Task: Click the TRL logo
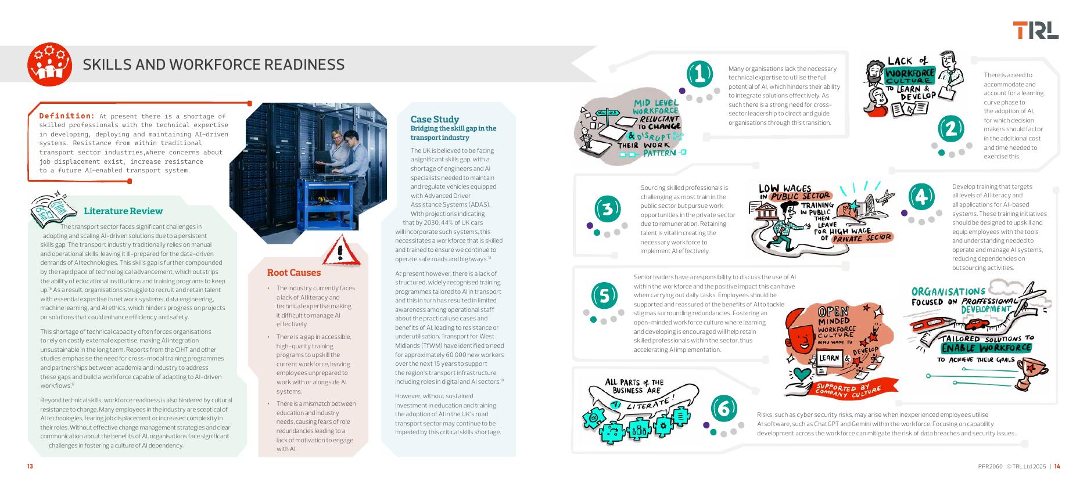1035,30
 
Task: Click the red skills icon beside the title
49,64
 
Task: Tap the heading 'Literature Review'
123,211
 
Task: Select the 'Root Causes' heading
293,273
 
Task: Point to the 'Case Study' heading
435,120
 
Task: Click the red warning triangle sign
342,251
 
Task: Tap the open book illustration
53,207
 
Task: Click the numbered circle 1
699,74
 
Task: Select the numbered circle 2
951,128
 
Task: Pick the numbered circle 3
608,208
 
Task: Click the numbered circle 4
921,197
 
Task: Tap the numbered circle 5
604,296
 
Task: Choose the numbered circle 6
723,408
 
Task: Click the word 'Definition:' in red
67,116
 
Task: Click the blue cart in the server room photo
320,203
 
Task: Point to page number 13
30,466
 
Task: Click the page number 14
1057,466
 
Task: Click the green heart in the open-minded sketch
802,373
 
